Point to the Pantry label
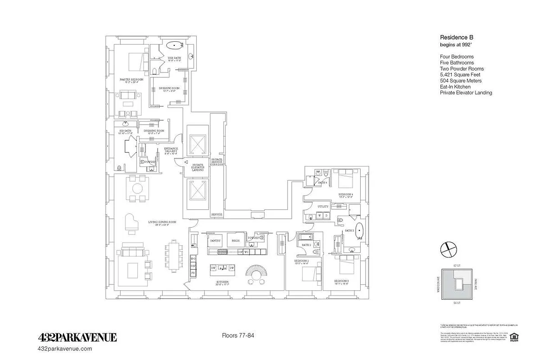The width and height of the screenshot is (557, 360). (215, 241)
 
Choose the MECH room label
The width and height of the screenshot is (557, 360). (235, 241)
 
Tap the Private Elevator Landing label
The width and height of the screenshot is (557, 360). (198, 167)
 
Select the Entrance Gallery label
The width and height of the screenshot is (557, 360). (170, 150)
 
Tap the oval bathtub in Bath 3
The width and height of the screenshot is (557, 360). (360, 229)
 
